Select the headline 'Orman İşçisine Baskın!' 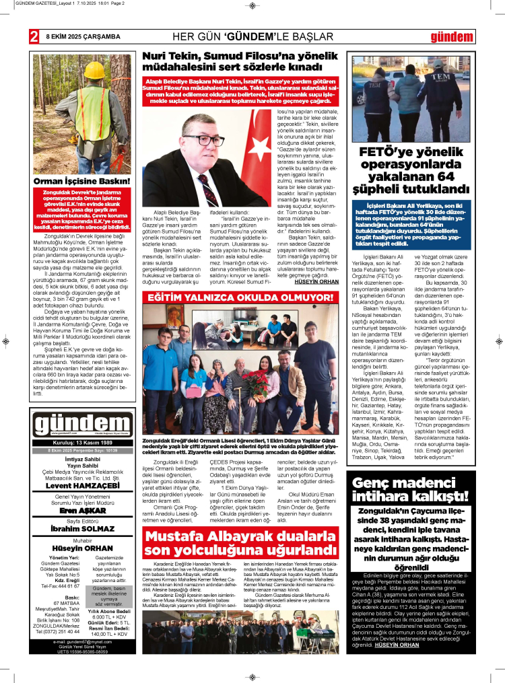[82, 182]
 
